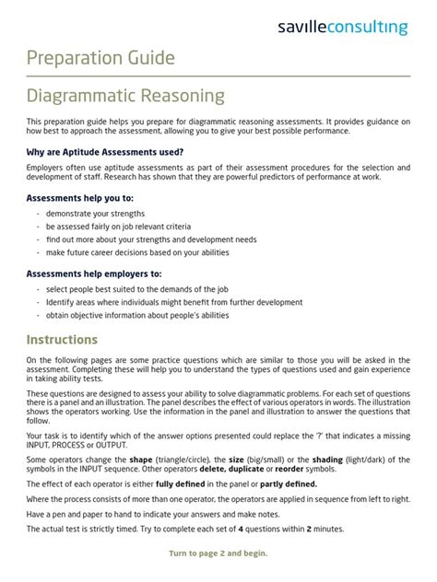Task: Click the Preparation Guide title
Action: click(100, 58)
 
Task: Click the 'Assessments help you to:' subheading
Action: click(80, 197)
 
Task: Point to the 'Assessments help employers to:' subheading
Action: click(94, 274)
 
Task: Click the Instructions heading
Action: click(62, 339)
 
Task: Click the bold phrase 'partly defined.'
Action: click(289, 484)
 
